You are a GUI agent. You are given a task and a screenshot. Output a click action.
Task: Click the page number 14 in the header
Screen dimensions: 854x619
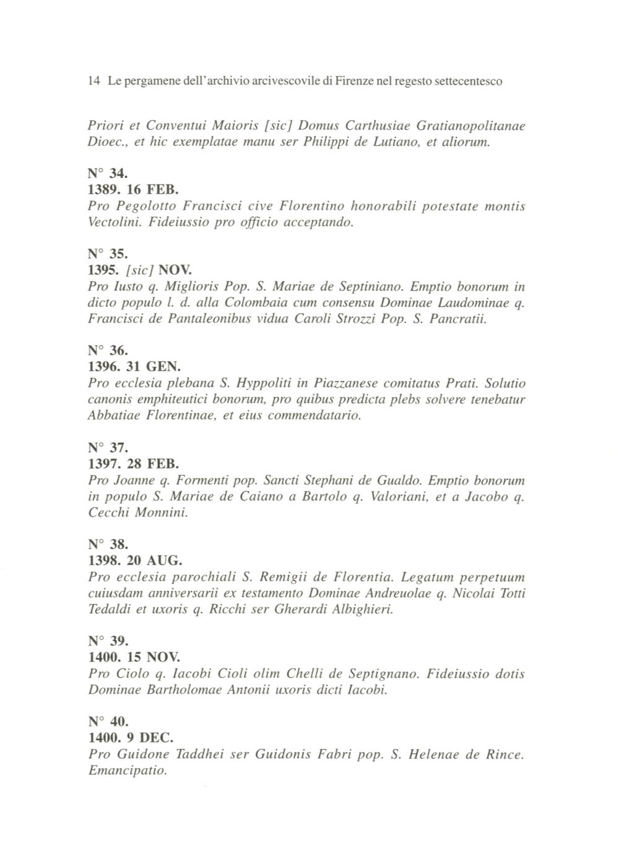94,81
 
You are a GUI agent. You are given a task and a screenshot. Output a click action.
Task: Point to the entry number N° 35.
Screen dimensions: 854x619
108,254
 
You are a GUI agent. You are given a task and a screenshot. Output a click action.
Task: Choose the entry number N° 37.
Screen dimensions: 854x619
108,447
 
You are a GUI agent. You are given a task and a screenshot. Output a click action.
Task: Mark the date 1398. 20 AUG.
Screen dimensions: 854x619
136,561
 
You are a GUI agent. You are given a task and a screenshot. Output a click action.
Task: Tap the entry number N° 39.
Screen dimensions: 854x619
108,640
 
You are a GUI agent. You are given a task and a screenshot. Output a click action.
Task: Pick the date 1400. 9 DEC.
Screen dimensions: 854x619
131,738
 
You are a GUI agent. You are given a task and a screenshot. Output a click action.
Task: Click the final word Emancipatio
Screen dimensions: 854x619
128,771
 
